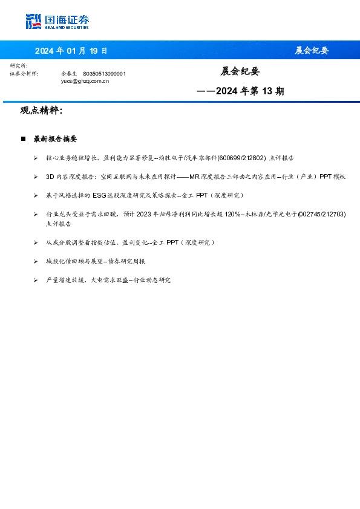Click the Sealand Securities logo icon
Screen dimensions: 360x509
point(33,22)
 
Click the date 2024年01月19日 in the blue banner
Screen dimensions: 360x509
point(71,51)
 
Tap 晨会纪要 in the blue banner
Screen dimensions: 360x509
point(312,51)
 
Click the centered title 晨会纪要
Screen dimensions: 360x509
point(240,71)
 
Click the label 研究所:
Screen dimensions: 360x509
point(19,65)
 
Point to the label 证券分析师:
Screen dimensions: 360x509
point(24,73)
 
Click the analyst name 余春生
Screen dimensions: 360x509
point(70,73)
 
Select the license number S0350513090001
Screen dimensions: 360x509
point(104,73)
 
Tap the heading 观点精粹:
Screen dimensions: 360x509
point(41,111)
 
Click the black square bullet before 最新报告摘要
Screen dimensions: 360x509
point(23,139)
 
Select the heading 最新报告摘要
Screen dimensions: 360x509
point(55,139)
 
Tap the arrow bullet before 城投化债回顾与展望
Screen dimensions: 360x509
point(36,261)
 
